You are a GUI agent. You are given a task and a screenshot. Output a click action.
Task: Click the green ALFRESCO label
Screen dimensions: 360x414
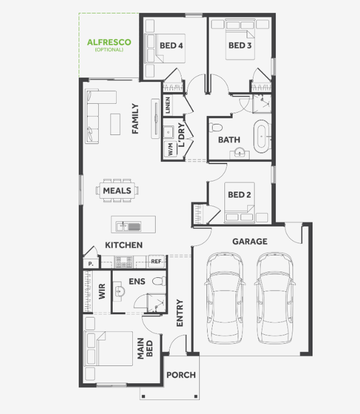pyautogui.click(x=109, y=42)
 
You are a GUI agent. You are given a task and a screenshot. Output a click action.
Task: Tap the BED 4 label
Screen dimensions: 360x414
pyautogui.click(x=171, y=45)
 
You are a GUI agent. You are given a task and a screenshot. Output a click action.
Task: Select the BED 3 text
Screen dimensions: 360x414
pyautogui.click(x=240, y=45)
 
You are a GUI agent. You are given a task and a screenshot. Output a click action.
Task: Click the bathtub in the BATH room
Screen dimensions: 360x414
pyautogui.click(x=261, y=137)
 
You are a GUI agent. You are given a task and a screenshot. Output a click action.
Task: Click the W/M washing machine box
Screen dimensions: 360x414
pyautogui.click(x=170, y=149)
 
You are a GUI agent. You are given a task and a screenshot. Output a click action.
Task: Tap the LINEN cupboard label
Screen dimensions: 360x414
pyautogui.click(x=167, y=105)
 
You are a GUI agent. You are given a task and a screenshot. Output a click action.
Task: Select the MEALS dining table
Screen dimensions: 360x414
pyautogui.click(x=117, y=190)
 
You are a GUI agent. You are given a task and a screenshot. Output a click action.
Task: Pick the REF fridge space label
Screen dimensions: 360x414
pyautogui.click(x=156, y=261)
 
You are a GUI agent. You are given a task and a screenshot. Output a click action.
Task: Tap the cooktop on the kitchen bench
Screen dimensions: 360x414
pyautogui.click(x=123, y=262)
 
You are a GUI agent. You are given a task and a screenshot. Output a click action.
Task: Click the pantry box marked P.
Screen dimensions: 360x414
pyautogui.click(x=91, y=263)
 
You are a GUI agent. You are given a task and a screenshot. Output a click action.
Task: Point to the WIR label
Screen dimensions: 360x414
pyautogui.click(x=102, y=291)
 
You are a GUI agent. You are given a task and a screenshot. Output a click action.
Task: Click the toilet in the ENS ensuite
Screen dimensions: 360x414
pyautogui.click(x=159, y=281)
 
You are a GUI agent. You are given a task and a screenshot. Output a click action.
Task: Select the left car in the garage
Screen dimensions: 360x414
pyautogui.click(x=225, y=298)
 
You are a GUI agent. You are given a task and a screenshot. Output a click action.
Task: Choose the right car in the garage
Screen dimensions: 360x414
pyautogui.click(x=275, y=298)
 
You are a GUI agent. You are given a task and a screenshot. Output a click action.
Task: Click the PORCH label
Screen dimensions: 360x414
pyautogui.click(x=181, y=375)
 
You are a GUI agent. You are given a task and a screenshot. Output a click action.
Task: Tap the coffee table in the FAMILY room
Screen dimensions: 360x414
pyautogui.click(x=116, y=124)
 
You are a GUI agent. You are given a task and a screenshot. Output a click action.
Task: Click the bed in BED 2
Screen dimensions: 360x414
pyautogui.click(x=239, y=203)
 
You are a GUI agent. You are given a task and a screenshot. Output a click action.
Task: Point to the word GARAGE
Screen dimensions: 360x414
pyautogui.click(x=250, y=242)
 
